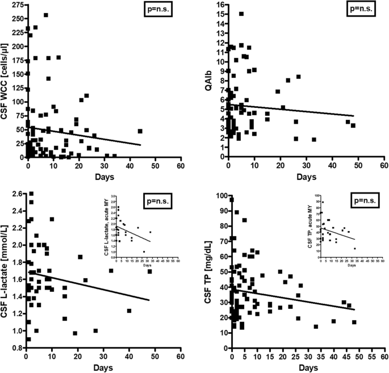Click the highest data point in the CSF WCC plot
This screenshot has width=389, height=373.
click(46, 15)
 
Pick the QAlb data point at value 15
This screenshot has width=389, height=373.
click(241, 14)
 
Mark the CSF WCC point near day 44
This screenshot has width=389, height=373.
click(140, 131)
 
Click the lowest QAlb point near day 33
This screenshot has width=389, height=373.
click(313, 140)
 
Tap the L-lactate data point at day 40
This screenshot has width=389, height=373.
click(129, 311)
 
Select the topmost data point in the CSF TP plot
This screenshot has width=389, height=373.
click(232, 200)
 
